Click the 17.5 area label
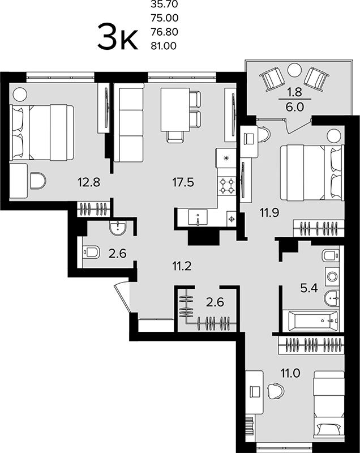point(183,182)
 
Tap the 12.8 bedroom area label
point(89,182)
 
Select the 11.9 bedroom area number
point(269,213)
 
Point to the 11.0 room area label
point(290,373)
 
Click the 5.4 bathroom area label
point(309,288)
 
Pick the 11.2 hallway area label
point(182,266)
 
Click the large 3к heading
point(117,37)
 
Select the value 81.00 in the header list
point(164,46)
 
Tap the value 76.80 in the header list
point(164,32)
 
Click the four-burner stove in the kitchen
point(226,186)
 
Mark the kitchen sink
point(198,217)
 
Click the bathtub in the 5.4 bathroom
point(313,321)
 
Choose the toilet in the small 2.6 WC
point(91,252)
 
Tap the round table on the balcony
point(294,70)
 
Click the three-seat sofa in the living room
point(128,123)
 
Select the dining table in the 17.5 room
point(175,109)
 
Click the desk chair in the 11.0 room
point(276,391)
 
